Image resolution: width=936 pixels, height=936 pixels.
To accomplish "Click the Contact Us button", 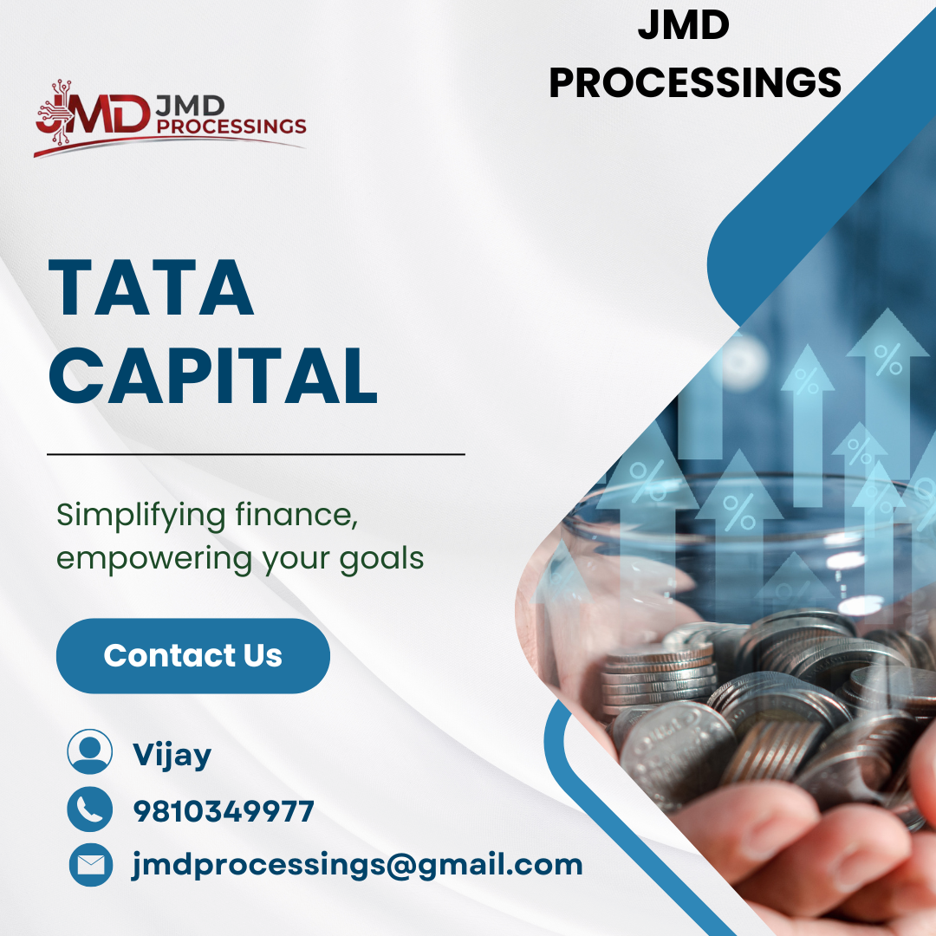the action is [x=192, y=655].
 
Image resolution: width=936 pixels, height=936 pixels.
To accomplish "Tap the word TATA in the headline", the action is [x=151, y=287].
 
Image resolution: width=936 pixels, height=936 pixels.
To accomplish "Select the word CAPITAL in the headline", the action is [x=212, y=375].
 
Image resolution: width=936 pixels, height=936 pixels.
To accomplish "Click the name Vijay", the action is [x=172, y=755].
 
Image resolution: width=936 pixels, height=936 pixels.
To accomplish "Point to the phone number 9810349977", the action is [x=224, y=811].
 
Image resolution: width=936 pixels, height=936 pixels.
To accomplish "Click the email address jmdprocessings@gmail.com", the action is [x=357, y=865].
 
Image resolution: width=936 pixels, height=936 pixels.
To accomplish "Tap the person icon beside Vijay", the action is [x=90, y=751].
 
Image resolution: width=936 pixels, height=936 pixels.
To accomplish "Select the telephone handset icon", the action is [x=90, y=809].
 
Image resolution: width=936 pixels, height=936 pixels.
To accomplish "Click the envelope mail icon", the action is [x=91, y=865].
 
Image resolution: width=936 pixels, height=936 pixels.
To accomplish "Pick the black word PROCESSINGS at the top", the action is [x=695, y=82].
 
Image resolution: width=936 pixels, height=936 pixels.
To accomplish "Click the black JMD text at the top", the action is [x=684, y=25].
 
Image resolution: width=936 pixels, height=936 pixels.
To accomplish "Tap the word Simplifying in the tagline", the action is [x=141, y=515].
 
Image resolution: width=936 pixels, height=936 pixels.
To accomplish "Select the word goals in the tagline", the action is [x=382, y=560].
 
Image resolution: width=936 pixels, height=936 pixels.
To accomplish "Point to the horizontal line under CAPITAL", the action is [x=256, y=454].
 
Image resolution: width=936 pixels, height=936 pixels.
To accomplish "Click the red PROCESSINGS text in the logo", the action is [x=231, y=126].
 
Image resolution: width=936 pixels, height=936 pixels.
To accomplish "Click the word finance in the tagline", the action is [x=296, y=515].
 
